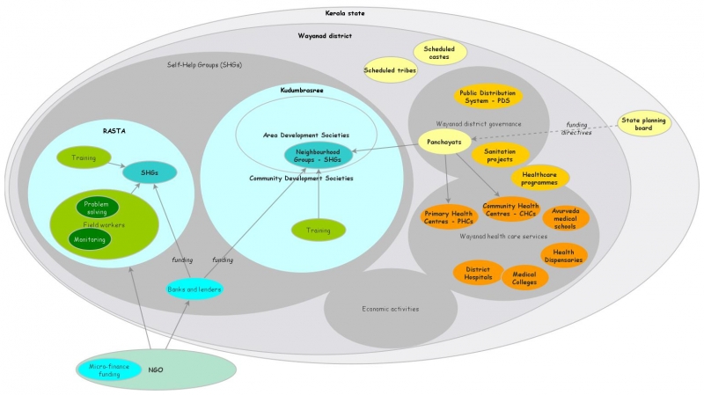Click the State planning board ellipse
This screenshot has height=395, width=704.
tap(644, 123)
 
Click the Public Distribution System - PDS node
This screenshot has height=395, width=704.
tap(488, 96)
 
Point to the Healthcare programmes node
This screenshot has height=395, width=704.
tap(540, 179)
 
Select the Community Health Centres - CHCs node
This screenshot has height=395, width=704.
tap(510, 209)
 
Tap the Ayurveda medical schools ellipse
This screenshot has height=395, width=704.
tap(565, 217)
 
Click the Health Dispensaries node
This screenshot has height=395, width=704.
tap(563, 256)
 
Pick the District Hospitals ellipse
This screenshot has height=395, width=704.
tap(478, 272)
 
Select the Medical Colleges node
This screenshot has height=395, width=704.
tap(524, 278)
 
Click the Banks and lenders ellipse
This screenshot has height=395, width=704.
tap(194, 289)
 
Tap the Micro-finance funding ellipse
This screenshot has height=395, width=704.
tap(110, 370)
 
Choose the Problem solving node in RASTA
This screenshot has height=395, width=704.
tap(97, 208)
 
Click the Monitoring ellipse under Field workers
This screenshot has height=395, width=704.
tap(90, 239)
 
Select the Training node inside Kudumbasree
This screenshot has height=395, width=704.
tap(318, 230)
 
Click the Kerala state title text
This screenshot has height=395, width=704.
tap(351, 14)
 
